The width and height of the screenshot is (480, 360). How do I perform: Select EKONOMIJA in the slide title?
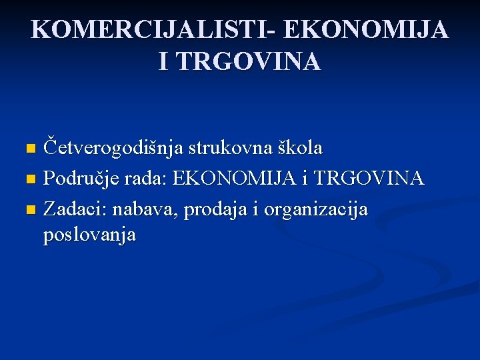(x=365, y=31)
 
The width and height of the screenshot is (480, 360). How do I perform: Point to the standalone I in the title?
(x=164, y=61)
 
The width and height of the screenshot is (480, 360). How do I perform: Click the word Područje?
(x=81, y=179)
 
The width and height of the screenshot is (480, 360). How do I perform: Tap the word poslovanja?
(x=89, y=235)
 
